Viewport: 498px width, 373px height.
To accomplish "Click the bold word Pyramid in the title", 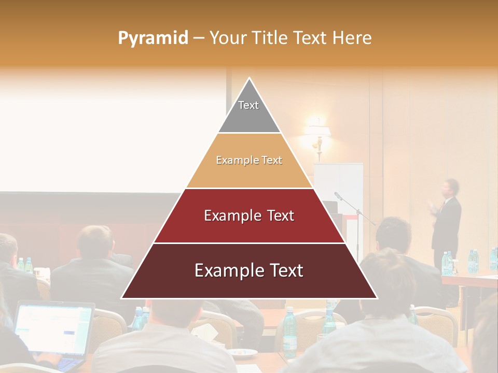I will tap(153, 38).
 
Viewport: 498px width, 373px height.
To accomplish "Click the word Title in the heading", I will tap(270, 38).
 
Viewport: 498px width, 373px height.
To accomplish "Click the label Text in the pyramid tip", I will tap(248, 105).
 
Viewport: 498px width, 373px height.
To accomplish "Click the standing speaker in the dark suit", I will tap(447, 223).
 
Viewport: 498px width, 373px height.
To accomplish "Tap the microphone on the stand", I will tap(338, 196).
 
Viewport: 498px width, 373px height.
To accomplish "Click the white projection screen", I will tap(104, 135).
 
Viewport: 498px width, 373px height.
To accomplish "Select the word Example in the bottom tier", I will tap(227, 270).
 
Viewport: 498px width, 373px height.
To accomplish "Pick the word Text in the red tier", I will tap(278, 216).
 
